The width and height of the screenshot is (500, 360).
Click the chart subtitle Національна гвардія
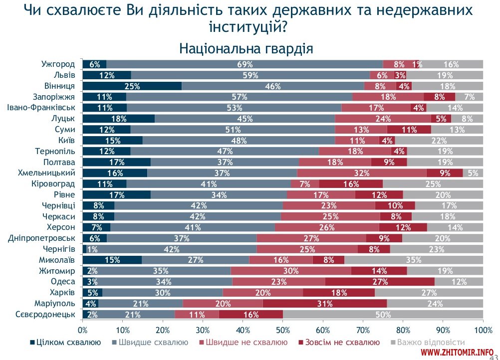(246, 48)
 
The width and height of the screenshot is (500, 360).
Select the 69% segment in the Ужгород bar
(245, 64)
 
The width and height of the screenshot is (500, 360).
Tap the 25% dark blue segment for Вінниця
(132, 86)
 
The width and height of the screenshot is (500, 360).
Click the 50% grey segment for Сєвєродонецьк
(383, 315)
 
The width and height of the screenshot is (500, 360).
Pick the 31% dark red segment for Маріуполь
(324, 304)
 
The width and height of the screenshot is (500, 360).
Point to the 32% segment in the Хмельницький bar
(362, 173)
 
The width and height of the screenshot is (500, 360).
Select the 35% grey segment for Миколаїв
(414, 260)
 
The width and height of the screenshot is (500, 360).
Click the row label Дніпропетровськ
(43, 238)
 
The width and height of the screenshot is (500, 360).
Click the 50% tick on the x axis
(283, 330)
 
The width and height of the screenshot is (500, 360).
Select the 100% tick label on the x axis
(483, 330)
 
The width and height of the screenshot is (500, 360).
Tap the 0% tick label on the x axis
(83, 330)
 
